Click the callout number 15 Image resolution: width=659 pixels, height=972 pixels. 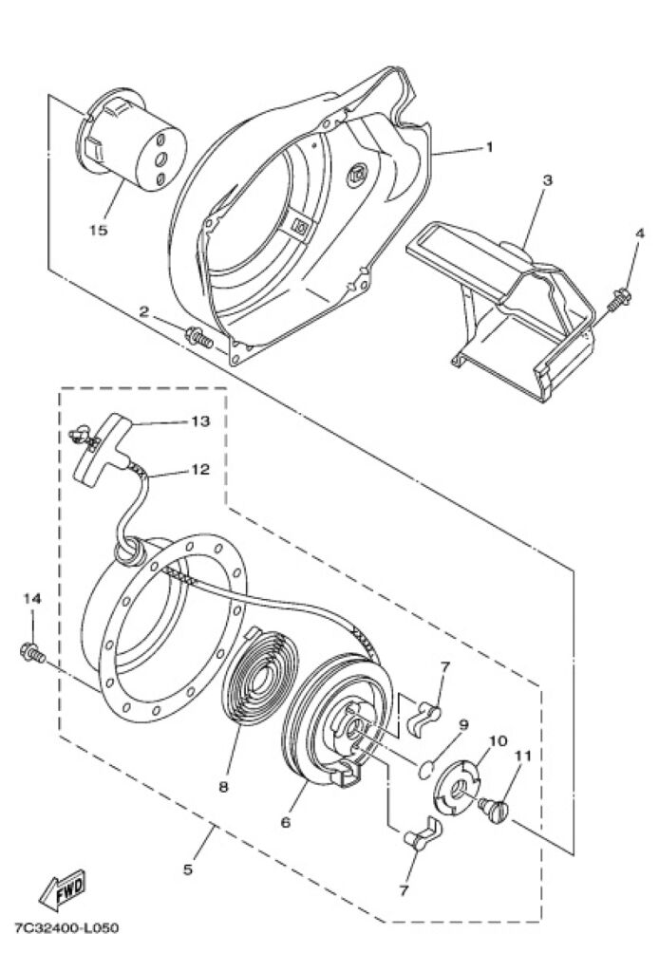(x=99, y=230)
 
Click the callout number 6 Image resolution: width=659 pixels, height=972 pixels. (x=285, y=823)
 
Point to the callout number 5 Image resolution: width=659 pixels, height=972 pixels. (x=187, y=869)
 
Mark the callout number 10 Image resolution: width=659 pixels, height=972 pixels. (x=496, y=740)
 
